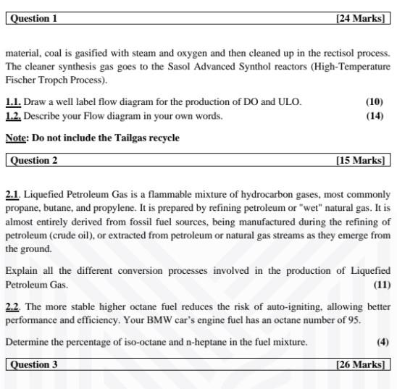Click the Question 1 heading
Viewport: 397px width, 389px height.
coord(34,18)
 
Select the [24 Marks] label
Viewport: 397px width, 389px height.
coord(360,18)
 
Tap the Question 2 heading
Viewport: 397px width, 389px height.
coord(34,160)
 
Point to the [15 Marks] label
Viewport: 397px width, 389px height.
coord(360,160)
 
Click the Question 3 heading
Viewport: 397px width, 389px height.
coord(34,364)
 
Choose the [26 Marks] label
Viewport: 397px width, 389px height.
coord(360,364)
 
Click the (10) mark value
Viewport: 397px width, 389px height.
coord(375,101)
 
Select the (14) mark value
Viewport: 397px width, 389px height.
coord(375,116)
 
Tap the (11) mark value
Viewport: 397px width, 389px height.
coord(382,285)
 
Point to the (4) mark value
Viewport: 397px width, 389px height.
coord(383,342)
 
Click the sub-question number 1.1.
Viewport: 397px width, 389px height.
coord(13,101)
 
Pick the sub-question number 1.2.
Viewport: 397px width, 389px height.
coord(13,116)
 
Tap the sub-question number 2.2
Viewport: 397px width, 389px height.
coord(13,306)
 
